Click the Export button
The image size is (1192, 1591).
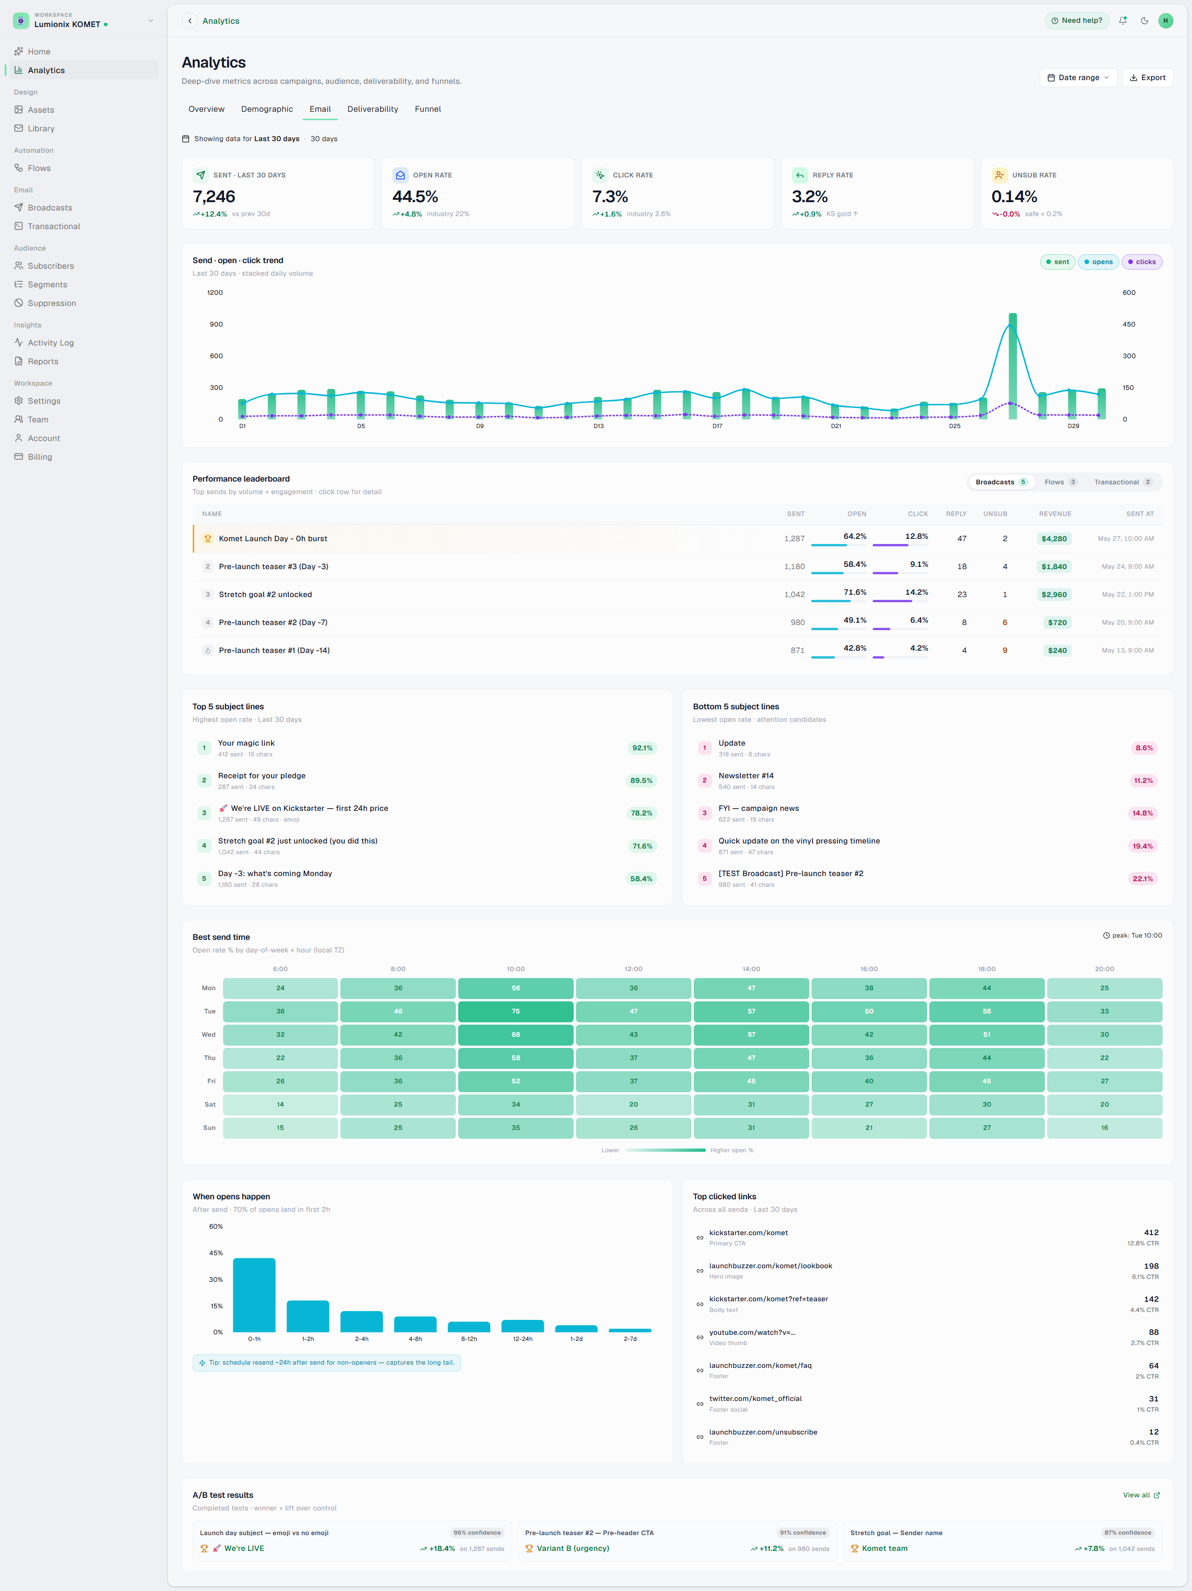point(1147,78)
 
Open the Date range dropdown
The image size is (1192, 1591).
point(1077,78)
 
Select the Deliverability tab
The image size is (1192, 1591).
point(372,109)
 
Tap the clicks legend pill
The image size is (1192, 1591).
point(1142,262)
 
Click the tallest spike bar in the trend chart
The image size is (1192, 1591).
point(1012,366)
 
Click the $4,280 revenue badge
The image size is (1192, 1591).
point(1054,539)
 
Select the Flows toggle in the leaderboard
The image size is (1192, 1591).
point(1060,483)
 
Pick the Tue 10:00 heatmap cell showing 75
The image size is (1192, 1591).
point(515,1011)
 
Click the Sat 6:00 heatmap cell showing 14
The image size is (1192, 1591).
point(280,1105)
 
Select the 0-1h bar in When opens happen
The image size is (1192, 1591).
point(254,1295)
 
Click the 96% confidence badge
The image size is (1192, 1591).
point(477,1533)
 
